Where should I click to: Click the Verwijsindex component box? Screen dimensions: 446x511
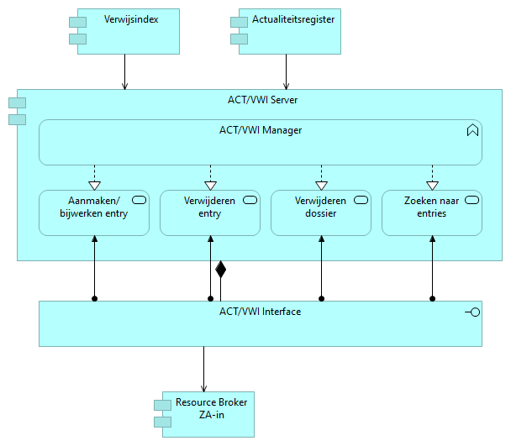126,34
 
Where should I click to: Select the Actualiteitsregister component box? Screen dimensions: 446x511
291,34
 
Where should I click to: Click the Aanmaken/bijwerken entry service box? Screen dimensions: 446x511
94,213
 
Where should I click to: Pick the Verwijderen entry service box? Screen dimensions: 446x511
209,213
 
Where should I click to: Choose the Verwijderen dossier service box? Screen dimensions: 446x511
320,213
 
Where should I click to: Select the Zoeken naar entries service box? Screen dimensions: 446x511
432,213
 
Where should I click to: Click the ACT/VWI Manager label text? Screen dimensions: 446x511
260,130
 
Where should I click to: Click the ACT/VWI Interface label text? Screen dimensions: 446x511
260,312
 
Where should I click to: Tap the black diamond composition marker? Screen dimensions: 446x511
221,270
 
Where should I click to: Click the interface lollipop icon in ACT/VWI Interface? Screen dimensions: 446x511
472,312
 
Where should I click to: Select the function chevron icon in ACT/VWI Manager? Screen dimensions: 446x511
472,130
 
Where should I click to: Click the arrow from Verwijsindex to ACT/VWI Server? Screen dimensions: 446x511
125,71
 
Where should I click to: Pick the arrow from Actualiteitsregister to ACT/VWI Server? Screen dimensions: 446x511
287,71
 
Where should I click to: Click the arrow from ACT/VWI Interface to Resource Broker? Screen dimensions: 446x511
203,369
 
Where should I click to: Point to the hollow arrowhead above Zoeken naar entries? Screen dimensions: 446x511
432,185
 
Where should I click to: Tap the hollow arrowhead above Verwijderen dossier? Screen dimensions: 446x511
320,185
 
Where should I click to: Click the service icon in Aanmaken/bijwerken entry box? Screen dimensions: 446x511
139,200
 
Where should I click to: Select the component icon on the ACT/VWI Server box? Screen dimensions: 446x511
17,110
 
